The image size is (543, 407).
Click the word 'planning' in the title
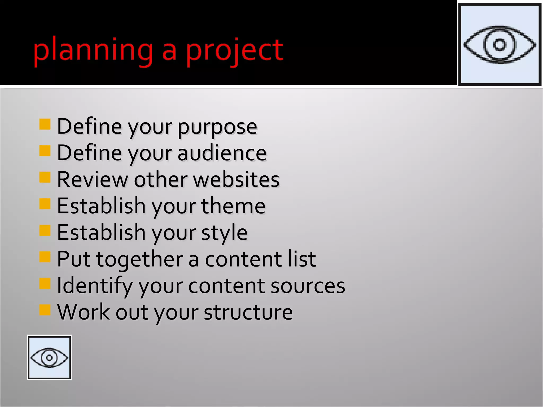coord(93,50)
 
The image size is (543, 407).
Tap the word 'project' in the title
coord(234,50)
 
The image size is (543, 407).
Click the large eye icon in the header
coord(500,45)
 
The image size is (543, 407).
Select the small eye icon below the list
coord(49,357)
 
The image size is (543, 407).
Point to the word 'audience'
coord(222,153)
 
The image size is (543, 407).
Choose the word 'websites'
coord(236,179)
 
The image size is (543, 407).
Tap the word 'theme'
coord(233,206)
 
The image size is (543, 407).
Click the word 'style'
coord(224,233)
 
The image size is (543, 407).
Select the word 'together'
coord(139,259)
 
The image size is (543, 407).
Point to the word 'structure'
coord(248,312)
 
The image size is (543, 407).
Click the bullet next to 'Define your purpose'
coord(45,124)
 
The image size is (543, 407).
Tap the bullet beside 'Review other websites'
coord(45,177)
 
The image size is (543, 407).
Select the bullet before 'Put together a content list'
coord(45,257)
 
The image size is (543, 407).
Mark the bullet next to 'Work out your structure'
coord(45,310)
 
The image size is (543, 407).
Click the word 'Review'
coord(93,179)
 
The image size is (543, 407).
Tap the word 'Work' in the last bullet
coord(83,312)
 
